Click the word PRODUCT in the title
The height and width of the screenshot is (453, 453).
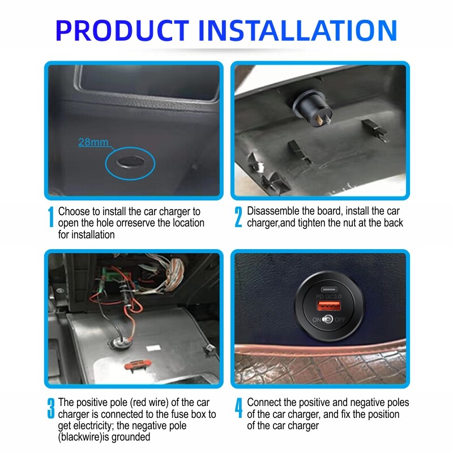click(122, 31)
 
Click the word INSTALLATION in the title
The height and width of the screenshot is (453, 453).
click(298, 31)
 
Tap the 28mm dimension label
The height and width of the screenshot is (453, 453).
click(93, 142)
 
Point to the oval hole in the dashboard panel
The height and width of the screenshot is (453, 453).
click(130, 162)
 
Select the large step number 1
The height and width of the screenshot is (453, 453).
click(51, 217)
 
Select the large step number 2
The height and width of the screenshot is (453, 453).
click(238, 217)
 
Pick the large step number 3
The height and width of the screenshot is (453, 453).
click(51, 408)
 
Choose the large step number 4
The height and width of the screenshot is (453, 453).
click(238, 408)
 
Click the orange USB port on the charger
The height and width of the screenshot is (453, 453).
click(329, 305)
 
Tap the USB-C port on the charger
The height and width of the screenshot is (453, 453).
click(329, 289)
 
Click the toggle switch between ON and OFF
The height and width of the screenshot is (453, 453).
click(328, 319)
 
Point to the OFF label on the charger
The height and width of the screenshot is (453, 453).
click(340, 319)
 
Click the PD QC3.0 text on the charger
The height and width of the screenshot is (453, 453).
click(329, 296)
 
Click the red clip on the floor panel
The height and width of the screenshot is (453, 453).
click(138, 364)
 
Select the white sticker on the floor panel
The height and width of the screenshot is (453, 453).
click(153, 348)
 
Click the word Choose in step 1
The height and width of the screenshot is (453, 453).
click(75, 211)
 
